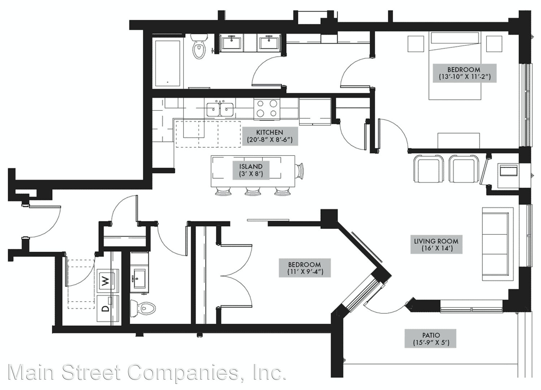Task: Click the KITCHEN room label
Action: [270, 136]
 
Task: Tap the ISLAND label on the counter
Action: [251, 170]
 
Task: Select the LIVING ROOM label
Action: [436, 244]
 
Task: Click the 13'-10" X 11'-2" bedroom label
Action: [464, 73]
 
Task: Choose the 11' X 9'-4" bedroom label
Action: [304, 268]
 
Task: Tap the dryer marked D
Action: [108, 308]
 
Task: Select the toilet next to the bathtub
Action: [199, 46]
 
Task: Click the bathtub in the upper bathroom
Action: [168, 63]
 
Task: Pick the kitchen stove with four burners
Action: [267, 109]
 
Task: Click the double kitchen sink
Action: [220, 109]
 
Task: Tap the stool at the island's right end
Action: [299, 171]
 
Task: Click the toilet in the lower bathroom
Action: [143, 308]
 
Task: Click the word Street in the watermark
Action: [91, 372]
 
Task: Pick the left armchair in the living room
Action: [428, 169]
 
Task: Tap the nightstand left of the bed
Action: [416, 44]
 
